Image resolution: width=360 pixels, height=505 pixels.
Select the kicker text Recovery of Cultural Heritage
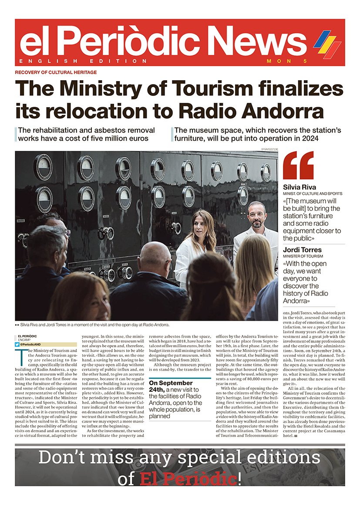pos(56,72)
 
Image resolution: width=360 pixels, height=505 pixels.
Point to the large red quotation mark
pos(298,166)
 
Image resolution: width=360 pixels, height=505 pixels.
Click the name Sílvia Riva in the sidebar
pos(299,187)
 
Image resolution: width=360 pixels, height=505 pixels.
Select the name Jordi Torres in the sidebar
pos(302,250)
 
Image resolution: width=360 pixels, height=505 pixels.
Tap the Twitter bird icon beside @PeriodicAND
pos(17,344)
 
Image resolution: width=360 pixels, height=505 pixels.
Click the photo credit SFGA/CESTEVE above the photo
pos(269,149)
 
